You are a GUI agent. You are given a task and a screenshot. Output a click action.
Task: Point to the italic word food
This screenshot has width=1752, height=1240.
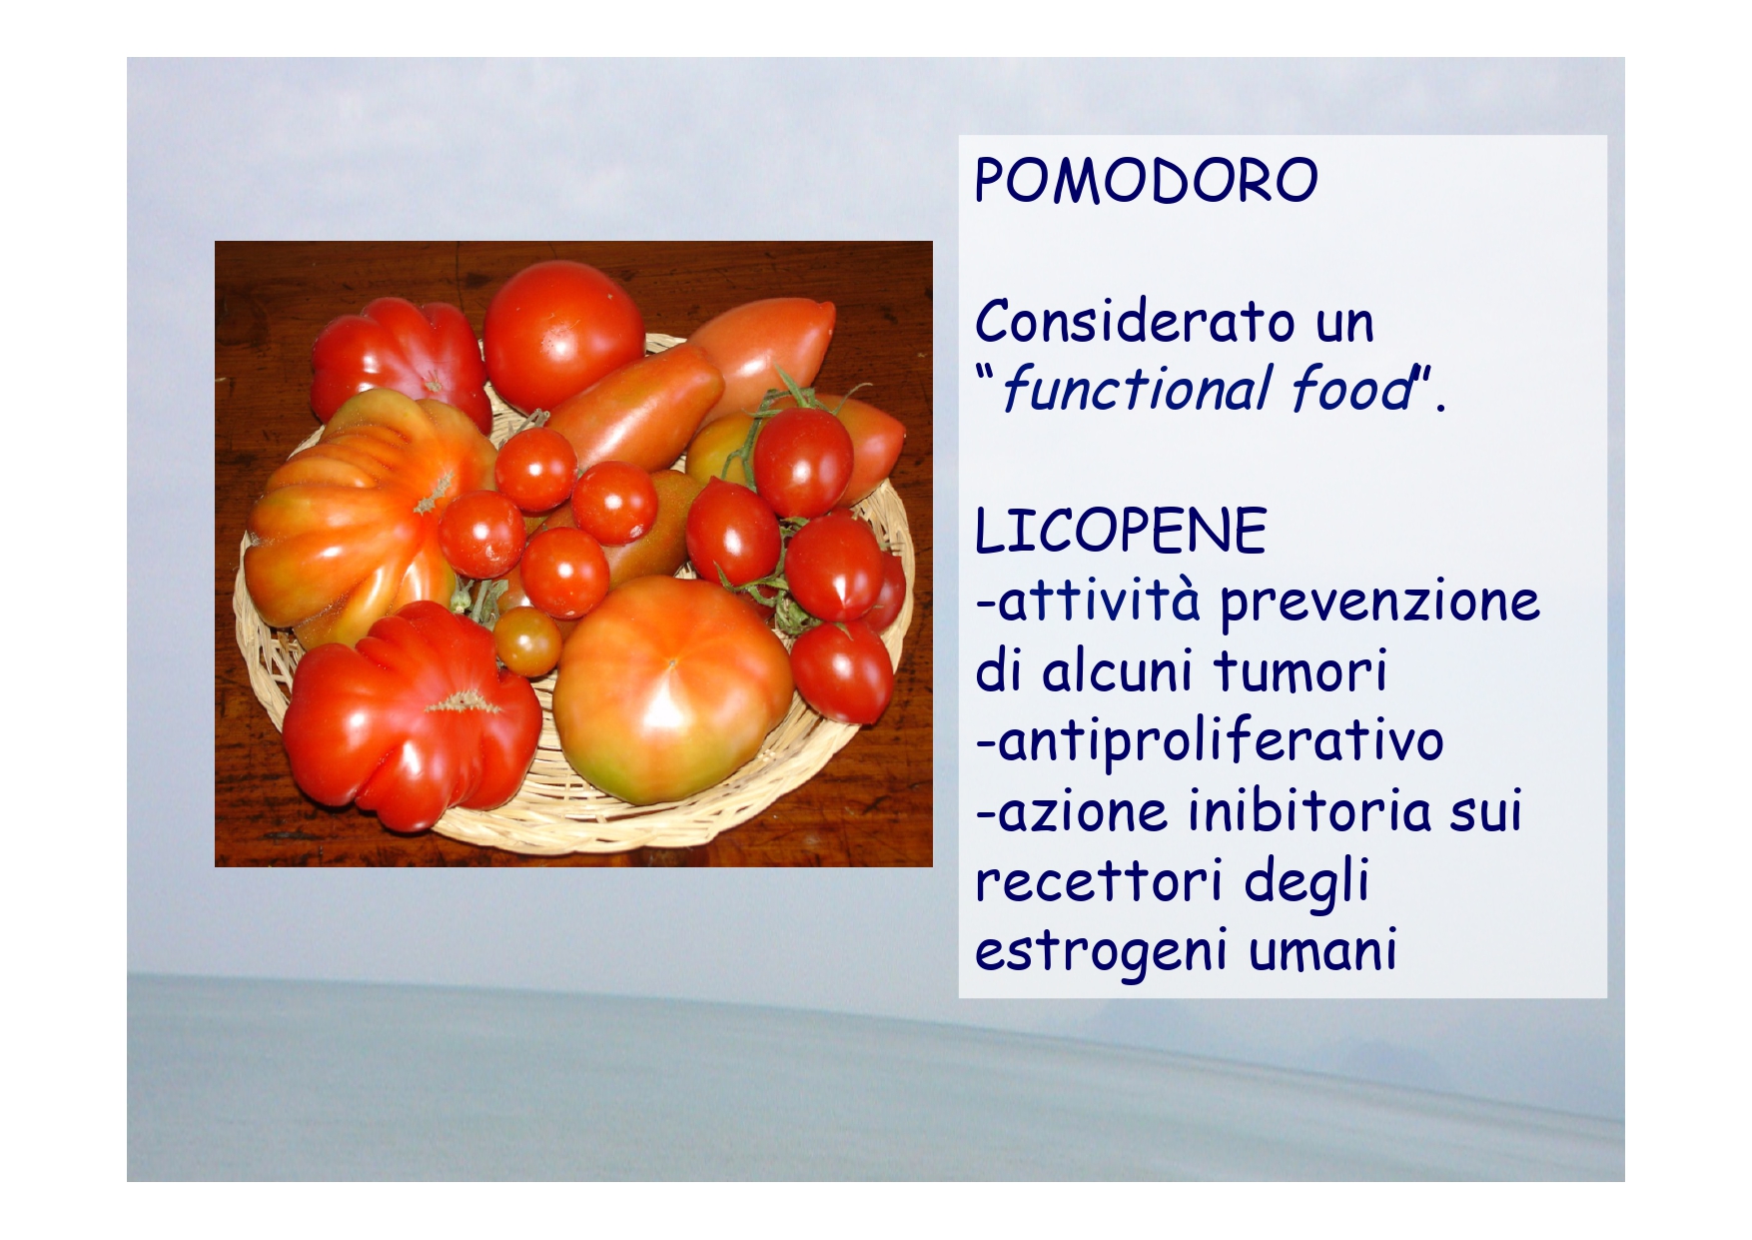1352,389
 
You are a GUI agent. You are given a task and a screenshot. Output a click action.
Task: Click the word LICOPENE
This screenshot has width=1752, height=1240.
1121,531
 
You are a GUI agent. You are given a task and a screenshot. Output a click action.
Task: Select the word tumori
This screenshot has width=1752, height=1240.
1301,669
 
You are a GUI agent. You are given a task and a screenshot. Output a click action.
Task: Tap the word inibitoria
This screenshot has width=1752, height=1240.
1310,809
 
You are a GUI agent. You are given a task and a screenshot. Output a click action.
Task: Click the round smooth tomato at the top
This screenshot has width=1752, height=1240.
563,336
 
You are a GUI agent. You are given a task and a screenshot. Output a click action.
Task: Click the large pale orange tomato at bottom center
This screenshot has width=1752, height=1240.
671,689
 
